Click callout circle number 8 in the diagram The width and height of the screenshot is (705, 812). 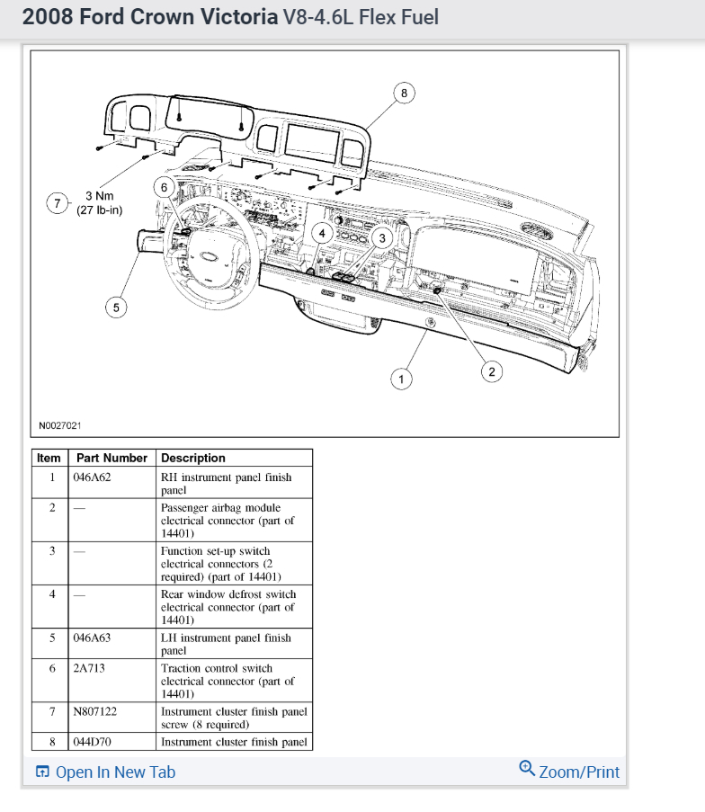coord(404,93)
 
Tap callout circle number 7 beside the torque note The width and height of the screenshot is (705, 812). coord(58,203)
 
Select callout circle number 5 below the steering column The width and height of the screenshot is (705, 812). coord(115,308)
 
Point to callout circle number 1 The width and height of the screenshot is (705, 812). coord(401,379)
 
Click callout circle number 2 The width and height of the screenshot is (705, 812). coord(491,370)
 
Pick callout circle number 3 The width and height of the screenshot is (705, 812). coord(382,237)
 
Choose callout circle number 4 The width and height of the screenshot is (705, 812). coord(321,233)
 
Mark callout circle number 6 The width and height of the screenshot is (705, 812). coord(164,187)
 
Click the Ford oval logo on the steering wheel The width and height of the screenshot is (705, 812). coord(209,256)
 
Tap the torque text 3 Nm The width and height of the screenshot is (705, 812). coord(99,196)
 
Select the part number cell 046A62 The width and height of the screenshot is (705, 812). coord(92,477)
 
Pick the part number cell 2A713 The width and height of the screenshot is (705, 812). coord(89,668)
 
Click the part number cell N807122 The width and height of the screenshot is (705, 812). coord(95,711)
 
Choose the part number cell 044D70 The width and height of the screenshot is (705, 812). coord(92,742)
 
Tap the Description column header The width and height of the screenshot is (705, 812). coord(193,458)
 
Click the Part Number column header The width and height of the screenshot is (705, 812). coord(112,458)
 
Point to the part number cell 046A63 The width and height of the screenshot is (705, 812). coord(92,638)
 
